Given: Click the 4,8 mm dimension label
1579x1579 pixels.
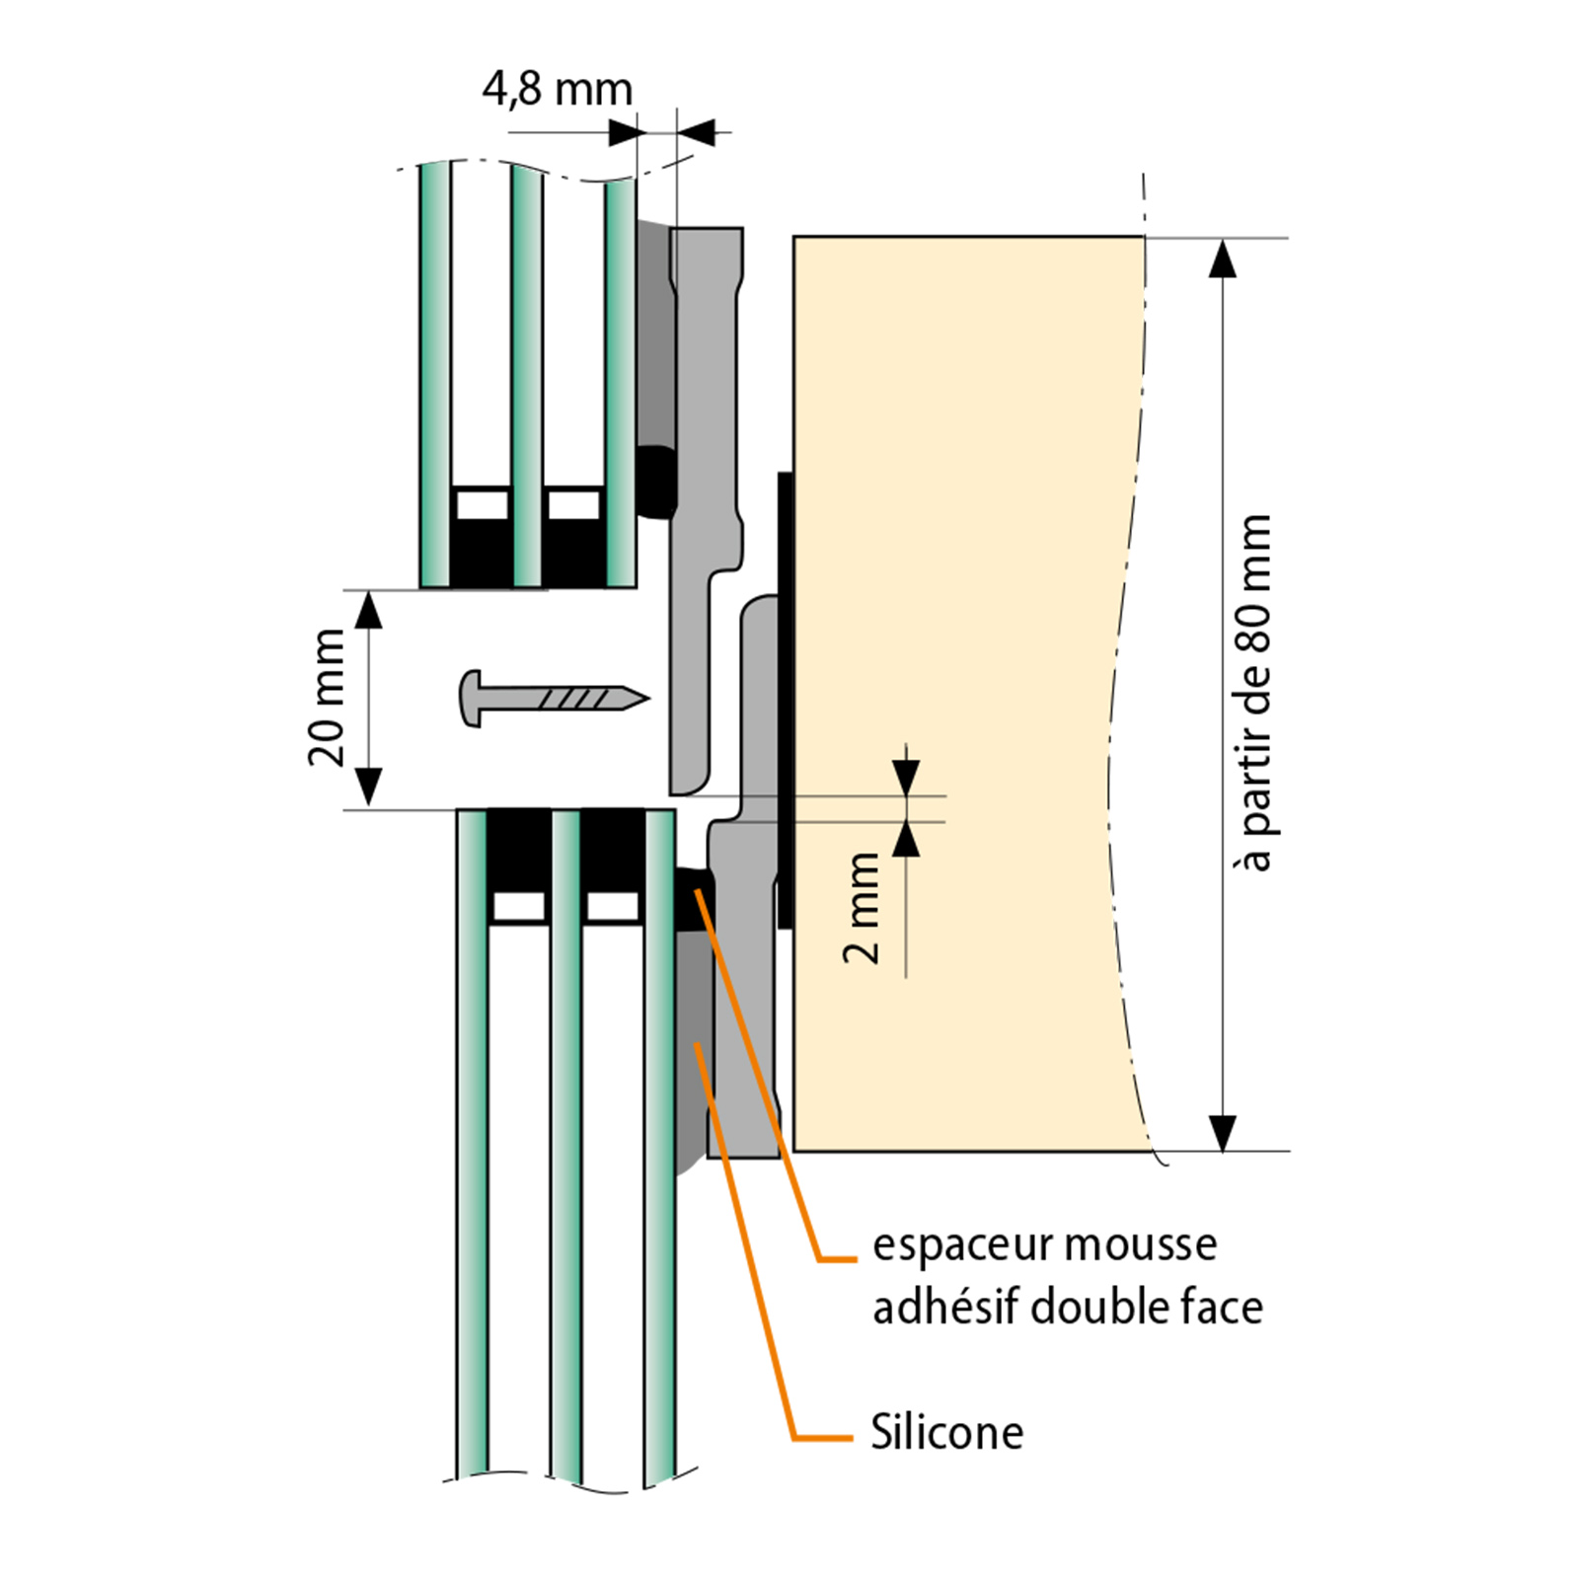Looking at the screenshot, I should coord(558,90).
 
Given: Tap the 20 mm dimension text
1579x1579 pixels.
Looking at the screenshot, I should coord(327,698).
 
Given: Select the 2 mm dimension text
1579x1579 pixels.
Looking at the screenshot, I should coord(862,908).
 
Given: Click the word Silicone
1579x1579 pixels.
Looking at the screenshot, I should coord(946,1433).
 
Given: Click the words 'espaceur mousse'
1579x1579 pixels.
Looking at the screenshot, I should coord(1044,1245).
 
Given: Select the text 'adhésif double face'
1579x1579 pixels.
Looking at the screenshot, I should coord(1068,1309).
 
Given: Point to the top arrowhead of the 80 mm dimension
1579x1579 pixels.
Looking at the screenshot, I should coord(1223,259).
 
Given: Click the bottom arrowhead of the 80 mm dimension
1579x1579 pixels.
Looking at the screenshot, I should coord(1223,1131).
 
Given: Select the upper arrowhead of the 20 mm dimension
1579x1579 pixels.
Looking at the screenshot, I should coord(368,611).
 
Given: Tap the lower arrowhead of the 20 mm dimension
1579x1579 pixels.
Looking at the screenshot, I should coord(368,788).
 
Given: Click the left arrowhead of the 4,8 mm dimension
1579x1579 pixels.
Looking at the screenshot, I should coord(624,131).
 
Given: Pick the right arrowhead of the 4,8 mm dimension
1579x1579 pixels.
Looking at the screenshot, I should coord(696,131).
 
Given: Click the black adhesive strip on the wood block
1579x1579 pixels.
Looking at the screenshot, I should coord(786,701).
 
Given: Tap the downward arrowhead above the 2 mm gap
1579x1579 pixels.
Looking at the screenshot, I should coord(906,777).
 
